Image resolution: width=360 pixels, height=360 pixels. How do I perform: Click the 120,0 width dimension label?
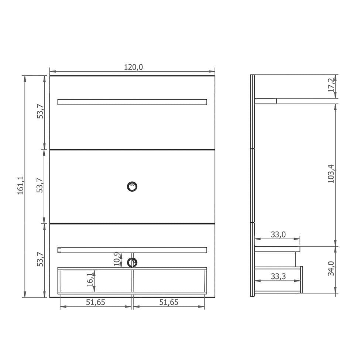(133, 67)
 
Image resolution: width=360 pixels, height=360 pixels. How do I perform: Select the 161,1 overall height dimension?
(21, 186)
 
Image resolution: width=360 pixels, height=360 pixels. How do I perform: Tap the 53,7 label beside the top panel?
(40, 112)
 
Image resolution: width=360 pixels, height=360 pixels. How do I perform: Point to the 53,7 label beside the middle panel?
(40, 186)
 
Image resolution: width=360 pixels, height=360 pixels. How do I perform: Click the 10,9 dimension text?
(117, 259)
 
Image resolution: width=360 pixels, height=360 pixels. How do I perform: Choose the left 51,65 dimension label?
(96, 302)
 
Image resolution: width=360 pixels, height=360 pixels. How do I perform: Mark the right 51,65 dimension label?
(169, 302)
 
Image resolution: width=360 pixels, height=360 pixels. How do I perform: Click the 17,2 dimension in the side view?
(331, 85)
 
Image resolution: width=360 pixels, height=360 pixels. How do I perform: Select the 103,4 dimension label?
(331, 174)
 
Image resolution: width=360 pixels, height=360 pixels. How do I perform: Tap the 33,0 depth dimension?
(278, 234)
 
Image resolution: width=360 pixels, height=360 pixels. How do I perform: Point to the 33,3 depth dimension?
(278, 276)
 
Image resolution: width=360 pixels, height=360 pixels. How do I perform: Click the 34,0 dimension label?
(331, 268)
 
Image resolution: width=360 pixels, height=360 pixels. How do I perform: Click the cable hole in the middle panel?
(132, 186)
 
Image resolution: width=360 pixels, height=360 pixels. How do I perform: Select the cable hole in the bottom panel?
(132, 263)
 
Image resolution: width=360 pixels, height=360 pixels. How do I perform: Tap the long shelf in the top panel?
(132, 102)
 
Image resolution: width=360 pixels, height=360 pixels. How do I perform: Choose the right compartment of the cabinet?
(169, 281)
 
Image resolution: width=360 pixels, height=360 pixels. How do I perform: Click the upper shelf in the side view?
(265, 101)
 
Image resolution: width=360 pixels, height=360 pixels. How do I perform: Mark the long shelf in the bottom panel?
(132, 250)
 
